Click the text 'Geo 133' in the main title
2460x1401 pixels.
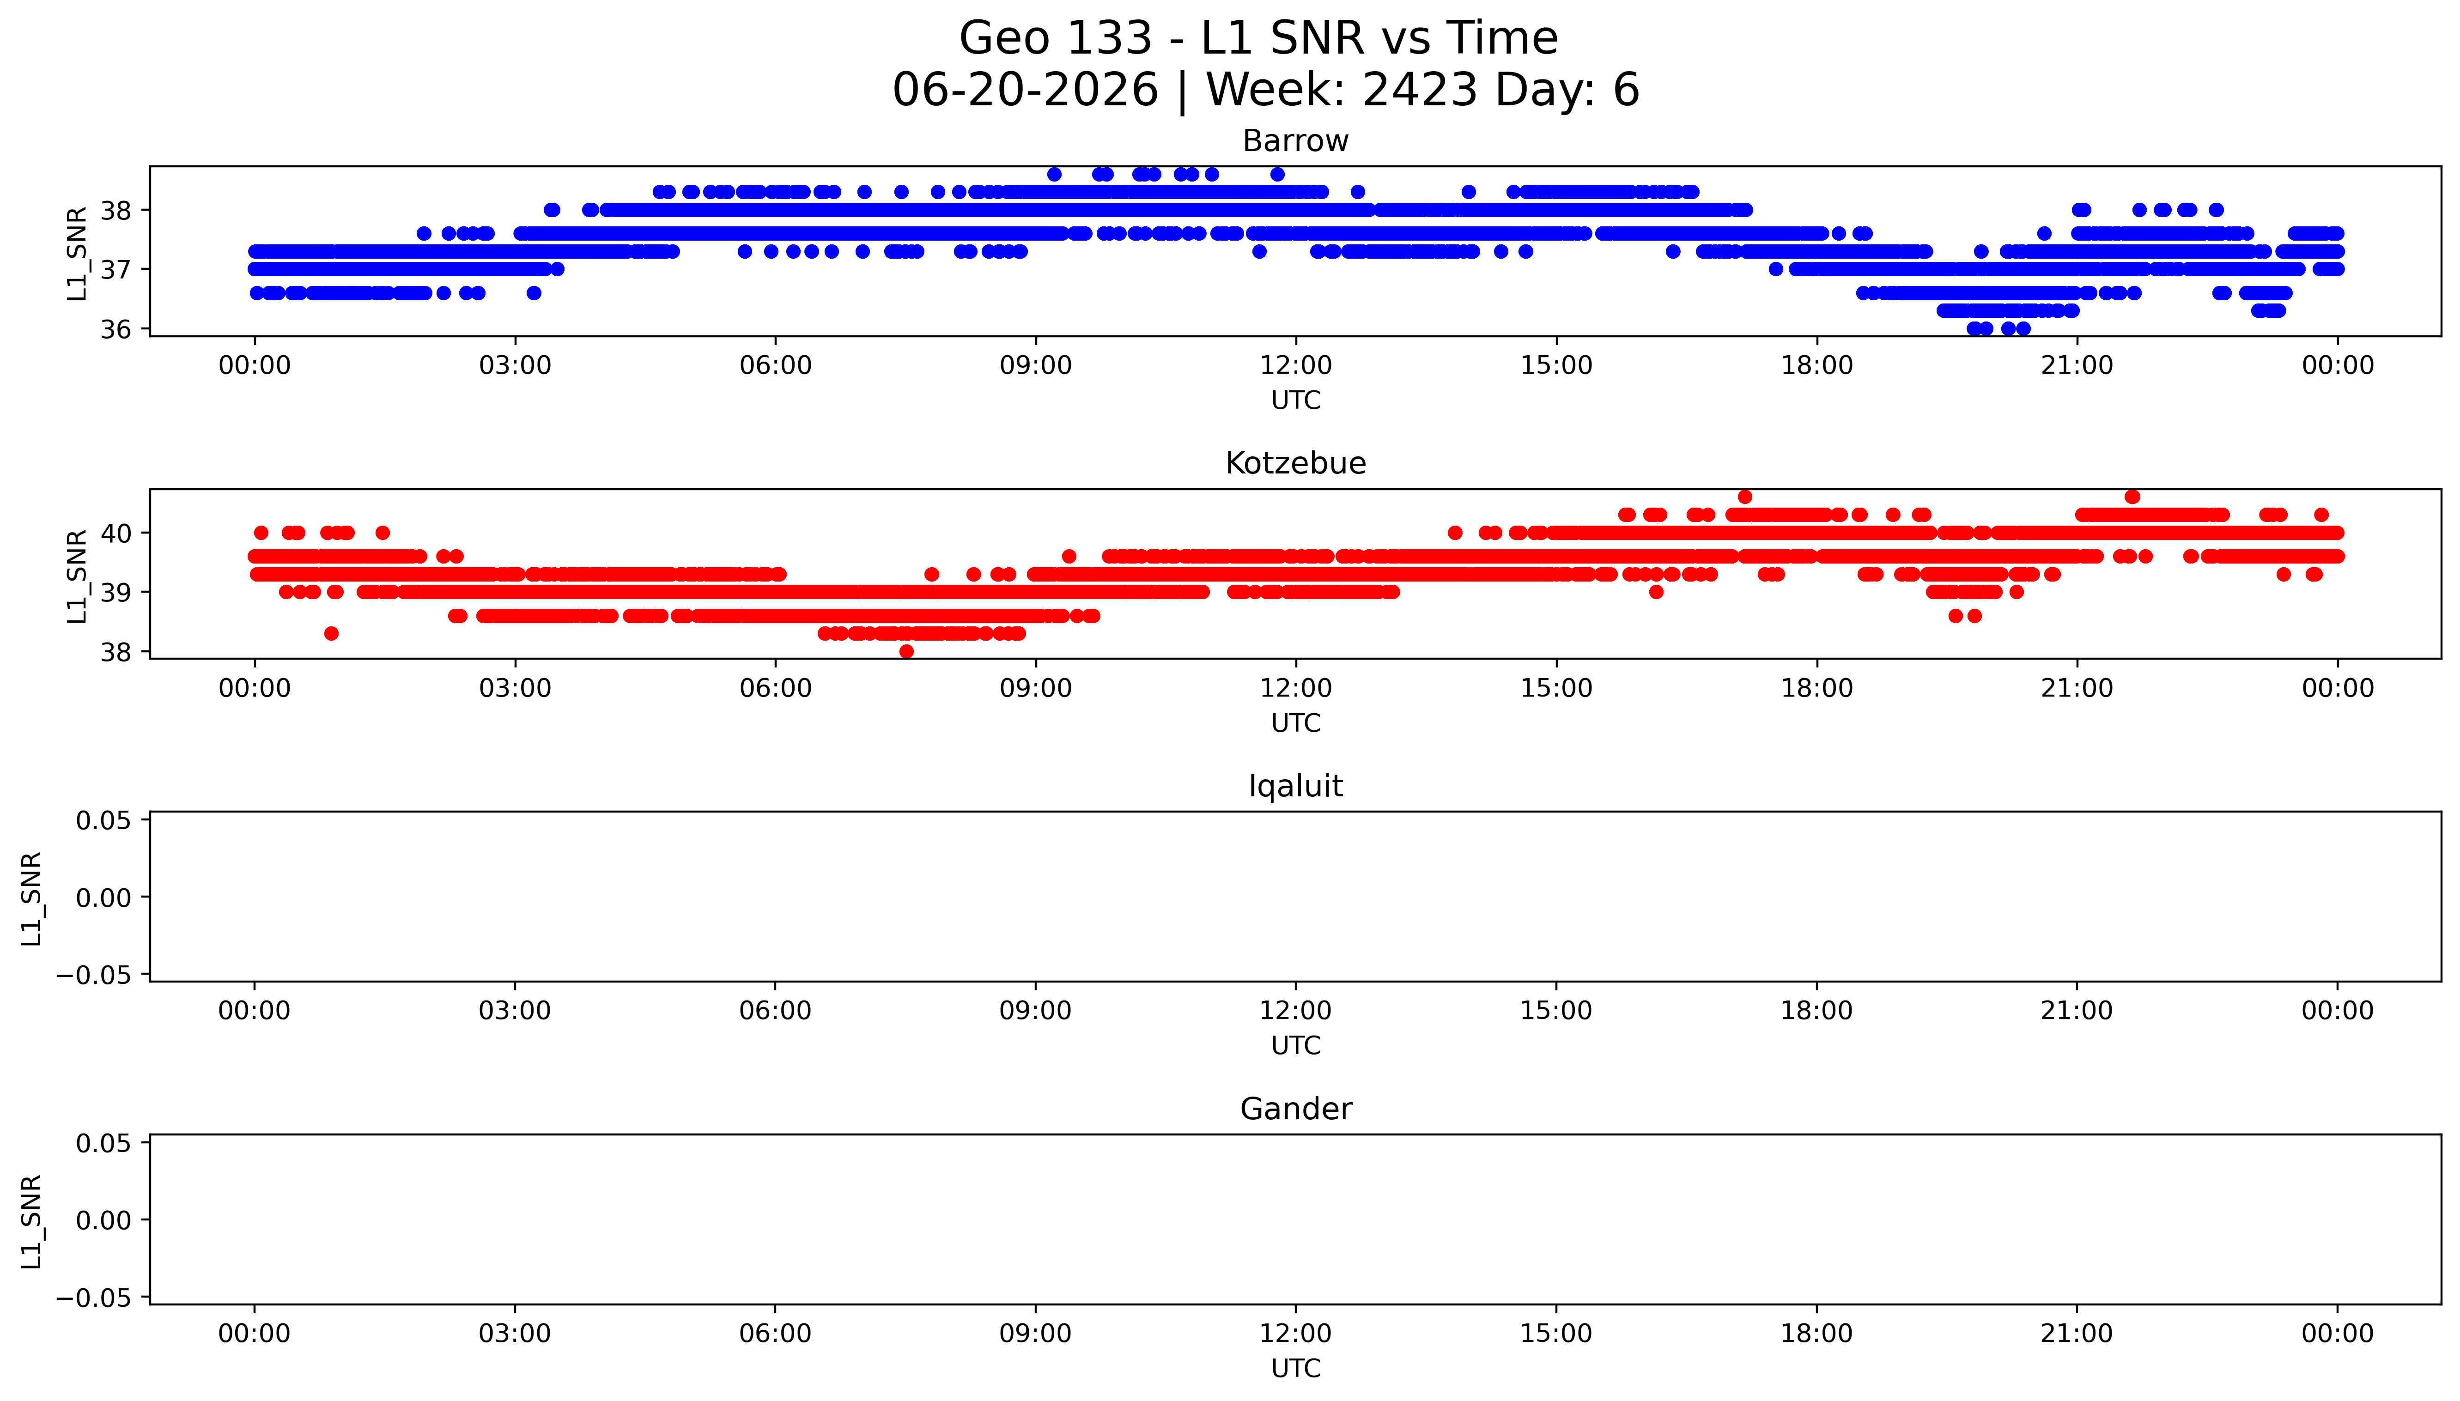[1056, 38]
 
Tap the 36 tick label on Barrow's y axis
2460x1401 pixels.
[115, 329]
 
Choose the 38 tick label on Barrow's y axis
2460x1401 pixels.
[115, 210]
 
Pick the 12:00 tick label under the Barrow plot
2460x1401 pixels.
[1296, 366]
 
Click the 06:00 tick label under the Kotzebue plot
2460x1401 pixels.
[776, 688]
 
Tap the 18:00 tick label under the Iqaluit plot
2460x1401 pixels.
[1816, 1010]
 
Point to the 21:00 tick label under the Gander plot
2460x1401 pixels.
[2077, 1334]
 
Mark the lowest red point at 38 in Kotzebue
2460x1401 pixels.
[906, 651]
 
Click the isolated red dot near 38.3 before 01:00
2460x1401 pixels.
[331, 633]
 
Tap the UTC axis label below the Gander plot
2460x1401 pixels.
[1296, 1368]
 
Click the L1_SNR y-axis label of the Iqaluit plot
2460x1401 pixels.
[32, 898]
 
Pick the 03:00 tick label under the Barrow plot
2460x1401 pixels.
[515, 366]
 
